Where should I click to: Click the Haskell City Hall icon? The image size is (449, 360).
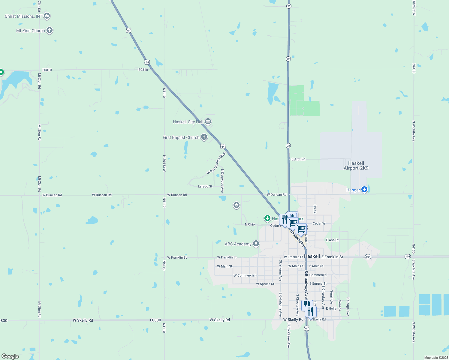click(208, 121)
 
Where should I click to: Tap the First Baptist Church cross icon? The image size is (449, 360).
click(204, 137)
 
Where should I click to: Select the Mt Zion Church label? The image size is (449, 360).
click(30, 31)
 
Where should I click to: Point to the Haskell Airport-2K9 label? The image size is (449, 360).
click(356, 166)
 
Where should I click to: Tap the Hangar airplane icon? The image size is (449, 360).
click(364, 189)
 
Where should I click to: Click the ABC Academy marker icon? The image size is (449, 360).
click(256, 244)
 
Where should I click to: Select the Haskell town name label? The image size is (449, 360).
click(312, 256)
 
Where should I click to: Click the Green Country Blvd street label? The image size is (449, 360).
click(216, 163)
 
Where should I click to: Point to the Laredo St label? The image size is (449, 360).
click(205, 186)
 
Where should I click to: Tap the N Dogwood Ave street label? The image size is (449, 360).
click(222, 181)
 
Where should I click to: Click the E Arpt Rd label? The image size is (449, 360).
click(298, 159)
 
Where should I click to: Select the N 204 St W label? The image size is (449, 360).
click(164, 163)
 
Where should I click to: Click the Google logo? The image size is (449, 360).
click(10, 356)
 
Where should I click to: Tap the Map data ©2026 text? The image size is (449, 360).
click(436, 358)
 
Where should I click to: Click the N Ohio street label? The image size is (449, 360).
click(250, 224)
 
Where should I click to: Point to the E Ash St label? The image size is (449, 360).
click(332, 240)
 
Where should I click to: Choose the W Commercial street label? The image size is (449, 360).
click(244, 275)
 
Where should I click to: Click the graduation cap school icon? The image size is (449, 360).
click(236, 205)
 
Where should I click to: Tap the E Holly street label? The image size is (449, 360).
click(331, 308)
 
